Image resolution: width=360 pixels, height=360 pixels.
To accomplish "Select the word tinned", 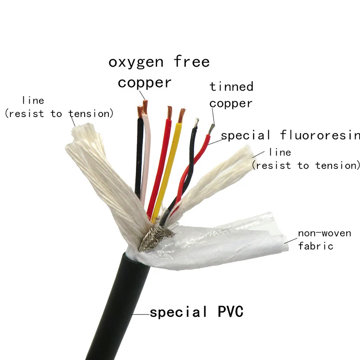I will (x=231, y=86).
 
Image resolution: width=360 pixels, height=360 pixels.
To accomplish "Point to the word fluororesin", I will (x=320, y=135).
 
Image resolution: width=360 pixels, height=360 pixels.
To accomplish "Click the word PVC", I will (x=228, y=311).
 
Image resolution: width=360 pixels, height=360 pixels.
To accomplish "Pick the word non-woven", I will (x=315, y=234).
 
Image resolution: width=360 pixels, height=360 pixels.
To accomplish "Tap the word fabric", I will (x=315, y=246).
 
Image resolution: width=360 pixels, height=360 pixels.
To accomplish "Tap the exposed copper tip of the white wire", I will (x=146, y=107).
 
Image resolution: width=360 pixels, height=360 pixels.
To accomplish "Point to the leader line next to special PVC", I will (x=141, y=313).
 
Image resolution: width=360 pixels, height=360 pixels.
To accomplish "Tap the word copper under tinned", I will (x=231, y=103).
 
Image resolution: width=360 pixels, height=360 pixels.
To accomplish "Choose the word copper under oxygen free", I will (x=144, y=83).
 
